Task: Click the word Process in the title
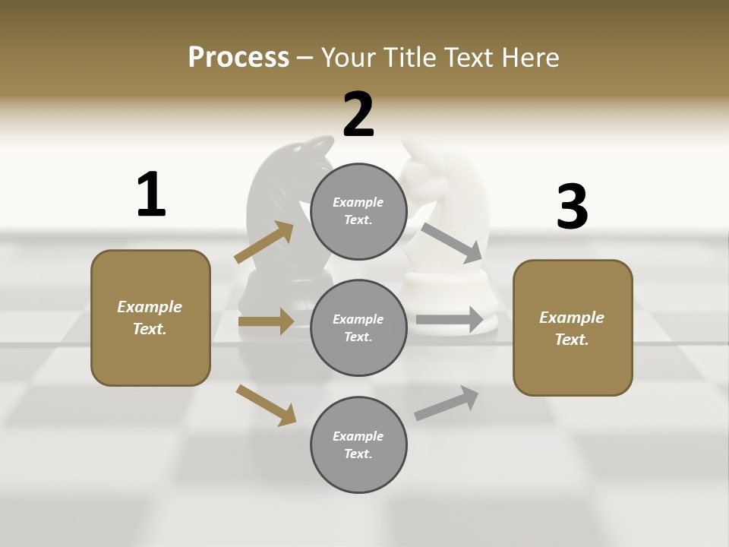point(238,57)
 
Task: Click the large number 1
point(151,194)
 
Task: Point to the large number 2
point(358,115)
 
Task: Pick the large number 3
point(572,207)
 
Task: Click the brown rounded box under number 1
point(150,318)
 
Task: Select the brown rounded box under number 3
point(573,328)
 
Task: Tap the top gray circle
point(358,211)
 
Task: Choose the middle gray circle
point(358,328)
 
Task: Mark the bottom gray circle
point(358,445)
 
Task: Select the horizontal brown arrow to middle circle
point(266,321)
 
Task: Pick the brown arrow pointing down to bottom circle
point(266,404)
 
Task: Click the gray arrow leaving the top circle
point(453,242)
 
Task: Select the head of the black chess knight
point(292,167)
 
